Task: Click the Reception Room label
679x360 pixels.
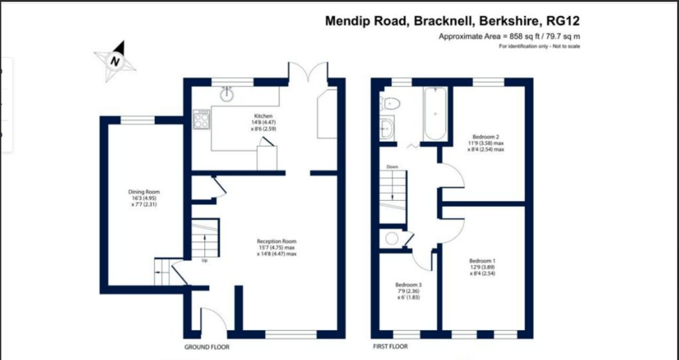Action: (277, 247)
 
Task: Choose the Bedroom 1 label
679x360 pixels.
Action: (481, 267)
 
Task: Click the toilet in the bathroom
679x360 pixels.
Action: (390, 103)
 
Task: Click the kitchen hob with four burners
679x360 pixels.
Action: (201, 119)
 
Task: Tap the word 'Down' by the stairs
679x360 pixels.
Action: (393, 167)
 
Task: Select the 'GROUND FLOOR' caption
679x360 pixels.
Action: (206, 347)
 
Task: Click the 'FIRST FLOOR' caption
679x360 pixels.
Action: (389, 347)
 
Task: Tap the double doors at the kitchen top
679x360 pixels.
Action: (307, 72)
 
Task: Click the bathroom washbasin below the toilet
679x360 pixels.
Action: (388, 126)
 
